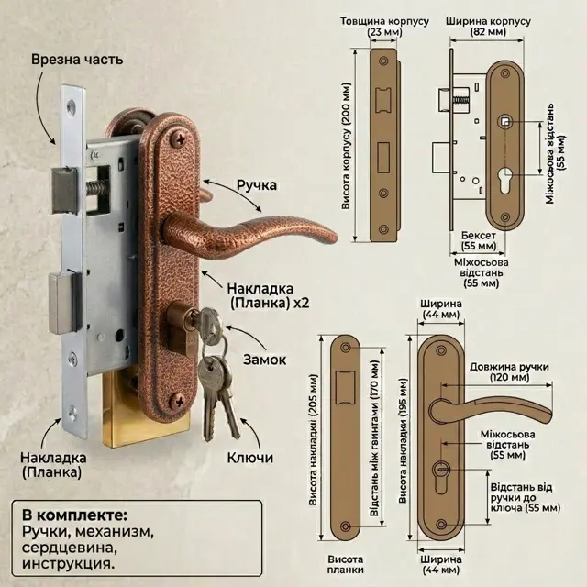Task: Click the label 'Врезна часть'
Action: pos(77,60)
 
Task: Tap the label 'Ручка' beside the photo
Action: pos(257,185)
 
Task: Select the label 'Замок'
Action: pos(265,360)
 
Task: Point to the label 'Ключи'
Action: pos(250,458)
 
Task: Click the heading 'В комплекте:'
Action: pos(75,515)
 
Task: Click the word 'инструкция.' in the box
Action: pos(68,564)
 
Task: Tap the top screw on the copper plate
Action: pos(180,139)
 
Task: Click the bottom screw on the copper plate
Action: pos(179,402)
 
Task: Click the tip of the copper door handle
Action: pos(336,238)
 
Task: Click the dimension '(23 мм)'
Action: pos(384,32)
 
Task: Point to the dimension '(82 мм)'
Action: pos(488,32)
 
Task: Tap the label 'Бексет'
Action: pos(479,236)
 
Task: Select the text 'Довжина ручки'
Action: pos(510,367)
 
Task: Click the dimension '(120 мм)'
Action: pos(510,378)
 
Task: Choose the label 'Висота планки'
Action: pos(346,565)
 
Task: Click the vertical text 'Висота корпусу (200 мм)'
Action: pos(346,146)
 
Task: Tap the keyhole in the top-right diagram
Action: pos(505,181)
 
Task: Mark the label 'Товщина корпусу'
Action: pos(384,21)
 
